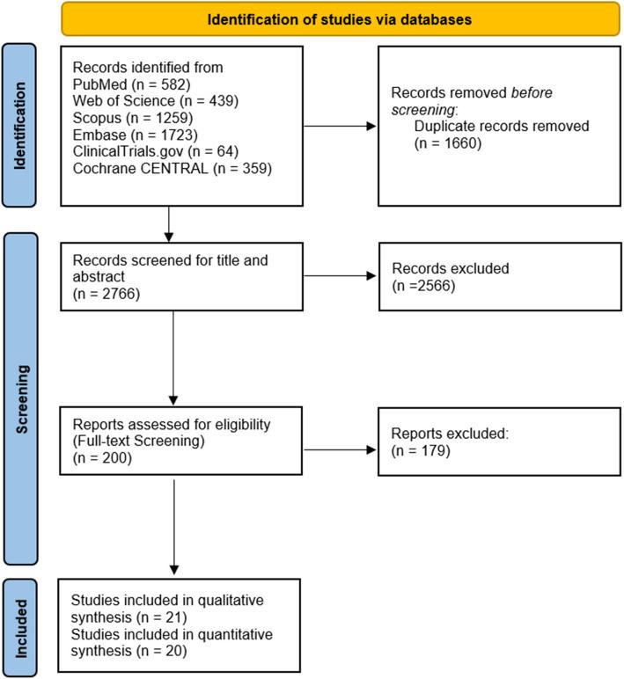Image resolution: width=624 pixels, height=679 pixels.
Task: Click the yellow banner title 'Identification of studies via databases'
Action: point(340,18)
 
